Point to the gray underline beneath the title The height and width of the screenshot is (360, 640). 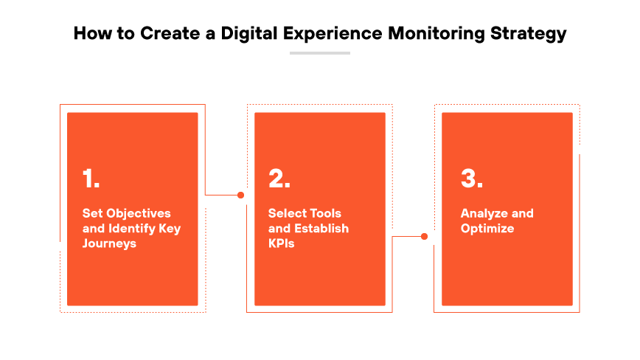(319, 53)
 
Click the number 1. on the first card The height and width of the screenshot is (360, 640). (91, 179)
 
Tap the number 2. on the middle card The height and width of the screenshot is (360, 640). (279, 179)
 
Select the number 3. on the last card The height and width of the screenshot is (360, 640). (472, 179)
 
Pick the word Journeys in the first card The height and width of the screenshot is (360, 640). (109, 243)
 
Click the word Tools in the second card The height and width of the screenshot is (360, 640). (324, 213)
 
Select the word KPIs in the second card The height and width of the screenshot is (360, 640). (281, 243)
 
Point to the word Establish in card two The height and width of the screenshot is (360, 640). (321, 228)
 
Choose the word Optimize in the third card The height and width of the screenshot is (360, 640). (487, 228)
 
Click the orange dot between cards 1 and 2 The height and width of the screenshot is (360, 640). (240, 195)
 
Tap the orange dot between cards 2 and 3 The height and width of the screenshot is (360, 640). (424, 237)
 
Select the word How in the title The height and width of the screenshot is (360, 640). (89, 33)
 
